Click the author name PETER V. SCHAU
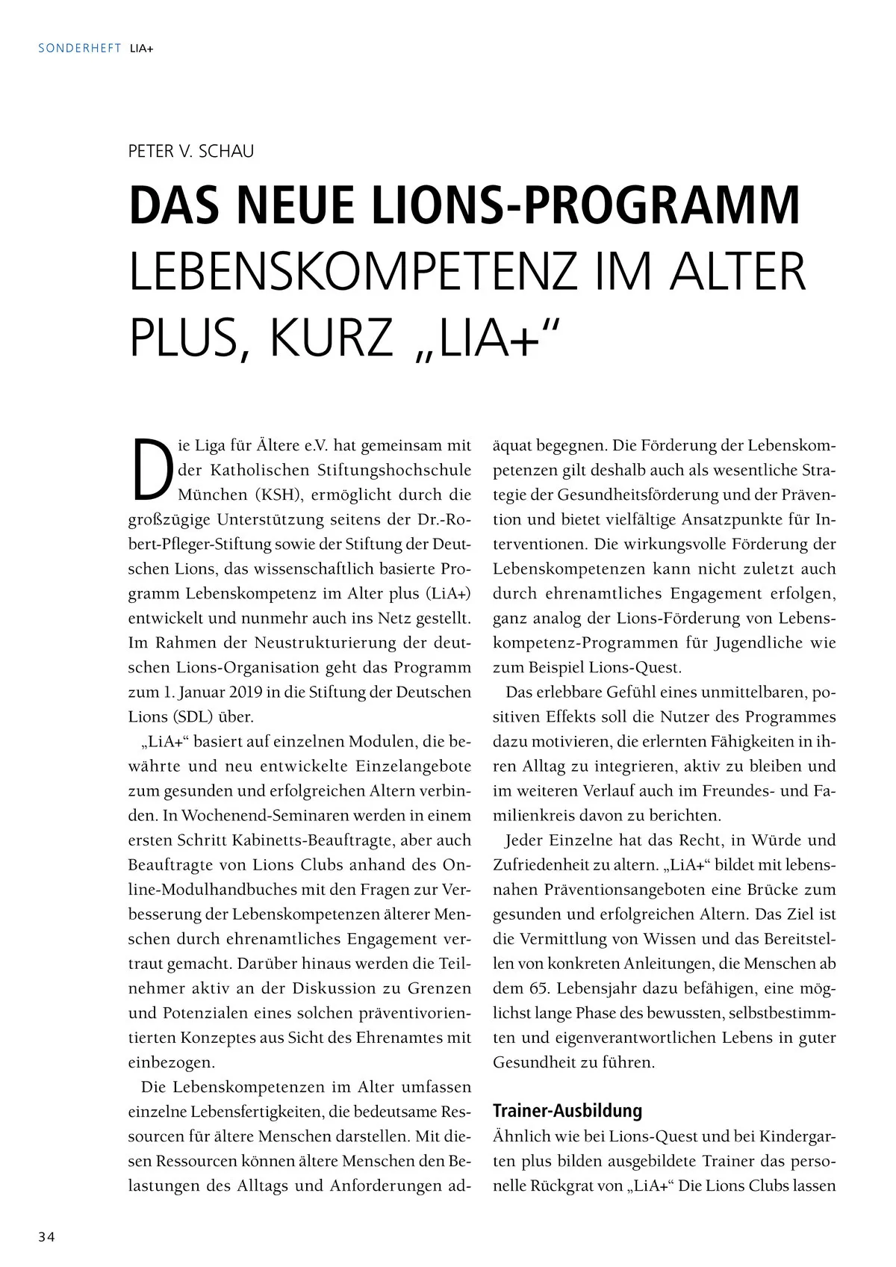[x=191, y=152]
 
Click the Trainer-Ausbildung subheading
[x=567, y=1111]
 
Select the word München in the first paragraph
[x=213, y=495]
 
